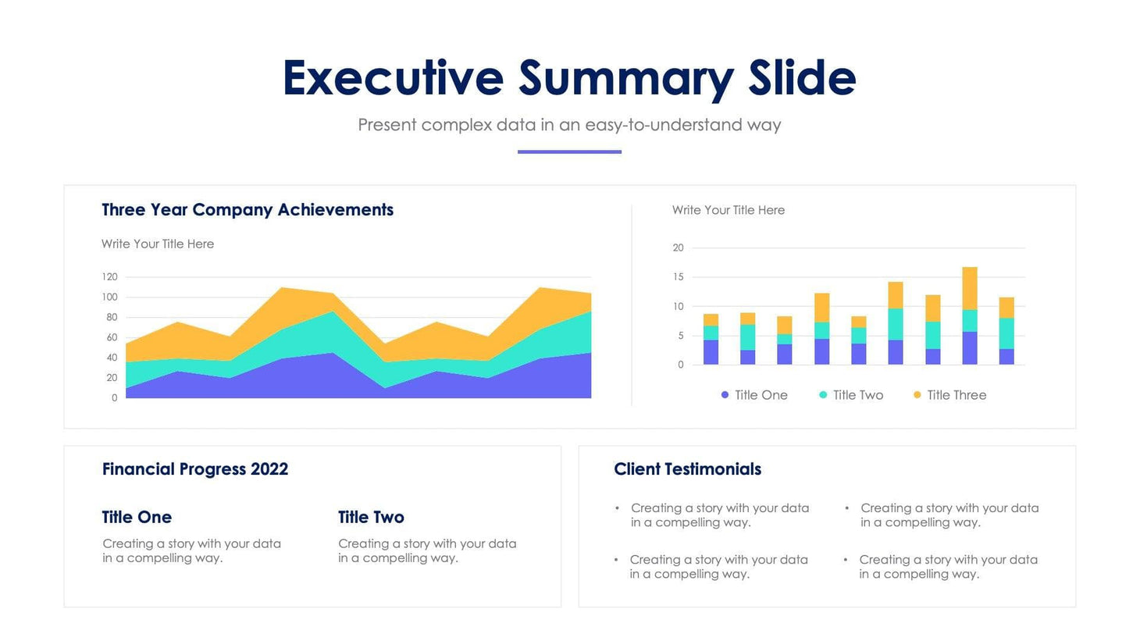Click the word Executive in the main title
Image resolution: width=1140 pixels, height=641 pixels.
tap(393, 79)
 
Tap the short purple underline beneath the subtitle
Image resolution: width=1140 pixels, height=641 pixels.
tap(569, 151)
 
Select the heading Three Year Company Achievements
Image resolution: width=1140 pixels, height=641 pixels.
tap(248, 210)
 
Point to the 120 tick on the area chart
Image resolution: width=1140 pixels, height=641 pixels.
tap(109, 277)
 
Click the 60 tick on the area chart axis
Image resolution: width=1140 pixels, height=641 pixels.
tap(112, 337)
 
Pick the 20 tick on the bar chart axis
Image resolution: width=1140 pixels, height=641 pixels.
tap(678, 248)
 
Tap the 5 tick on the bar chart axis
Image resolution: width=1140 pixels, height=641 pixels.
tap(680, 336)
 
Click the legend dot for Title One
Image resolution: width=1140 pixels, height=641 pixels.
tap(725, 395)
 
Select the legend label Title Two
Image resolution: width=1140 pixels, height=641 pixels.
tap(857, 395)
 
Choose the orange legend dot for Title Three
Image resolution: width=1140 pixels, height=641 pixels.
tap(917, 395)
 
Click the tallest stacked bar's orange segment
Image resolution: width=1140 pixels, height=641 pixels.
tap(970, 288)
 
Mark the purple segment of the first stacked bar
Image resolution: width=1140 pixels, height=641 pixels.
tap(711, 352)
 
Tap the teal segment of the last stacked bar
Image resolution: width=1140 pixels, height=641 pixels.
tap(1006, 333)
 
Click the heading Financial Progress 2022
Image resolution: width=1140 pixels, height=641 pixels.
tap(195, 469)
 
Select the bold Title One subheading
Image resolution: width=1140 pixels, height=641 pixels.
tap(137, 517)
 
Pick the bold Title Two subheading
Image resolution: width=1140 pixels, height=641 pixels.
tap(371, 517)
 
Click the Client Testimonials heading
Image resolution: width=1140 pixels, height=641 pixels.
tap(687, 469)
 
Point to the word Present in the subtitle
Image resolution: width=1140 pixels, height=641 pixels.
tap(387, 125)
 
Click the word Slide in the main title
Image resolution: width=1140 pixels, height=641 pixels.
tap(802, 79)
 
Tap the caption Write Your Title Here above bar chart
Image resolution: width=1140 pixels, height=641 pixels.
tap(728, 210)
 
